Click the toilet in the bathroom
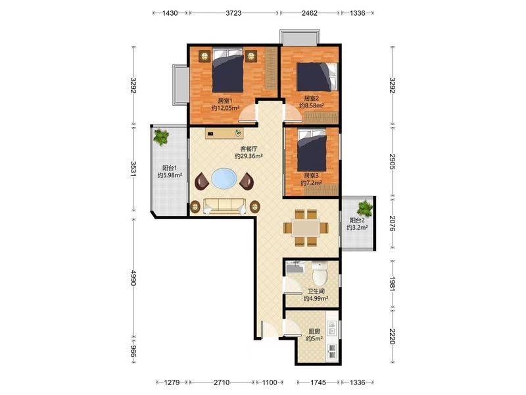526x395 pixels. coord(320,272)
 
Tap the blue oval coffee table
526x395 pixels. coord(224,178)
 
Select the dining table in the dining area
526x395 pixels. coord(305,228)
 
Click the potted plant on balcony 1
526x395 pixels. coord(161,137)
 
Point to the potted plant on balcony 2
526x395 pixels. coord(365,208)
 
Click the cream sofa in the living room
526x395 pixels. coord(224,206)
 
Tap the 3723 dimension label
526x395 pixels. coord(233,13)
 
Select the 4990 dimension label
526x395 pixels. coord(133,278)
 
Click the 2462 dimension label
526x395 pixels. coord(309,13)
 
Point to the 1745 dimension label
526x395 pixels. coord(318,382)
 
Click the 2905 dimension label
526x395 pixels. coord(393,162)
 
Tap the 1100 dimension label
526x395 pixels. coord(270,382)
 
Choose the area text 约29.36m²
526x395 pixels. coord(249,156)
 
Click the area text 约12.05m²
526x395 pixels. coord(226,108)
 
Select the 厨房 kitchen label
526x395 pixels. coord(314,331)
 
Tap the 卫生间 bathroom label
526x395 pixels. coord(316,291)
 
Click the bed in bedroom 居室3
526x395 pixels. coord(312,151)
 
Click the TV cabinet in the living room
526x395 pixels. coord(224,133)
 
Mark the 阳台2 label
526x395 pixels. coord(357,221)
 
